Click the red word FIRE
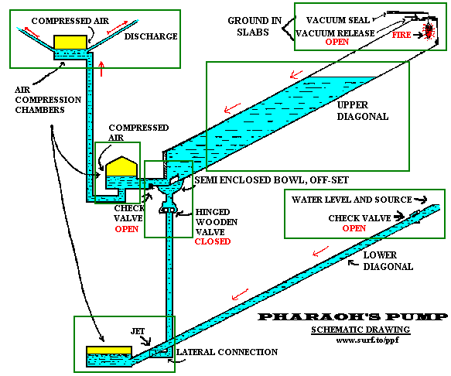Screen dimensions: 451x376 [x=401, y=35]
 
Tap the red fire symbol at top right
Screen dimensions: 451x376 [x=429, y=31]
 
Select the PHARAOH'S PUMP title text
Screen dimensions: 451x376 [x=352, y=316]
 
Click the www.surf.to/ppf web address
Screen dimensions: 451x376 [x=367, y=340]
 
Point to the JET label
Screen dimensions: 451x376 [x=138, y=331]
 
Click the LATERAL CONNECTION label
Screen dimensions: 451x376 [x=227, y=352]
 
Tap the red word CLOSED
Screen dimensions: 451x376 [x=213, y=241]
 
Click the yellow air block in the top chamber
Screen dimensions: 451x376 [x=70, y=42]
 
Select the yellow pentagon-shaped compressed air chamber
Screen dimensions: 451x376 [x=121, y=166]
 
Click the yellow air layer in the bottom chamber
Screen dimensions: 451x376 [x=109, y=350]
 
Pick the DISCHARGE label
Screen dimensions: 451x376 [x=151, y=36]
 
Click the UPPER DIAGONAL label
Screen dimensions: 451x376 [x=363, y=111]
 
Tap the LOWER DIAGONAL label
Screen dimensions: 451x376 [x=388, y=261]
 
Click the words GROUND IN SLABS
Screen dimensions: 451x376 [x=255, y=26]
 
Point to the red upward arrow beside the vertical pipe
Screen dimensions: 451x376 [x=101, y=69]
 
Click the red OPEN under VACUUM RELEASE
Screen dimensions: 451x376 [x=337, y=42]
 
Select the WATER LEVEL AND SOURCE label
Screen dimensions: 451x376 [x=351, y=200]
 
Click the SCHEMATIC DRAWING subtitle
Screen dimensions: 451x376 [x=360, y=330]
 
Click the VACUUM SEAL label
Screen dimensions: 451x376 [x=338, y=20]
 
